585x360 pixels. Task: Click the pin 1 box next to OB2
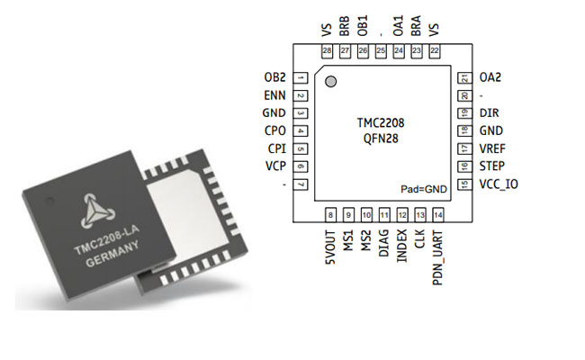click(300, 78)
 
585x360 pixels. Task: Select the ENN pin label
click(275, 95)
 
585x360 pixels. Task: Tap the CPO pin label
click(275, 131)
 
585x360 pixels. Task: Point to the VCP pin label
click(275, 166)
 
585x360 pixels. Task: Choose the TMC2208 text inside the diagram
click(381, 124)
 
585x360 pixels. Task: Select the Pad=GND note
click(422, 189)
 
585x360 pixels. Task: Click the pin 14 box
click(438, 214)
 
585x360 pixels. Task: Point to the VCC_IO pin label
click(500, 184)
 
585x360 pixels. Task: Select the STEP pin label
click(492, 166)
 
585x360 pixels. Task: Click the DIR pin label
click(489, 113)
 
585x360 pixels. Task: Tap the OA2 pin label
click(490, 78)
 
